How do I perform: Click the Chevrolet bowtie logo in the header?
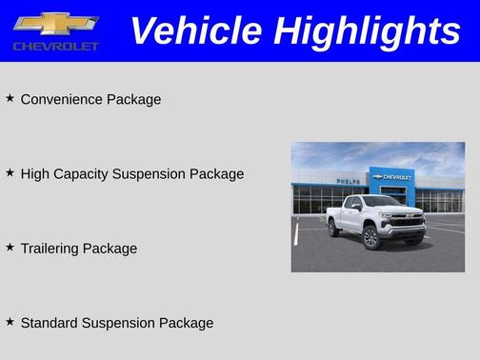pos(55,24)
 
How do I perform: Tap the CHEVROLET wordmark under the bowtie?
pos(55,46)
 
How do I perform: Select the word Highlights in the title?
pos(367,31)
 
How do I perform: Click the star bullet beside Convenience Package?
pos(10,98)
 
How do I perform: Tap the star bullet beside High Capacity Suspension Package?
pos(10,172)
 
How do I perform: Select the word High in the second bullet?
pos(34,174)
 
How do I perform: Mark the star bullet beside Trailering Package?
pos(10,247)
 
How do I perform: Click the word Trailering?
pos(50,249)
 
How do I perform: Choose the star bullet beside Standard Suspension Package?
pos(10,322)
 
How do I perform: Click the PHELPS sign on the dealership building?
pos(348,180)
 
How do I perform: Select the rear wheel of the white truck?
pos(334,229)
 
